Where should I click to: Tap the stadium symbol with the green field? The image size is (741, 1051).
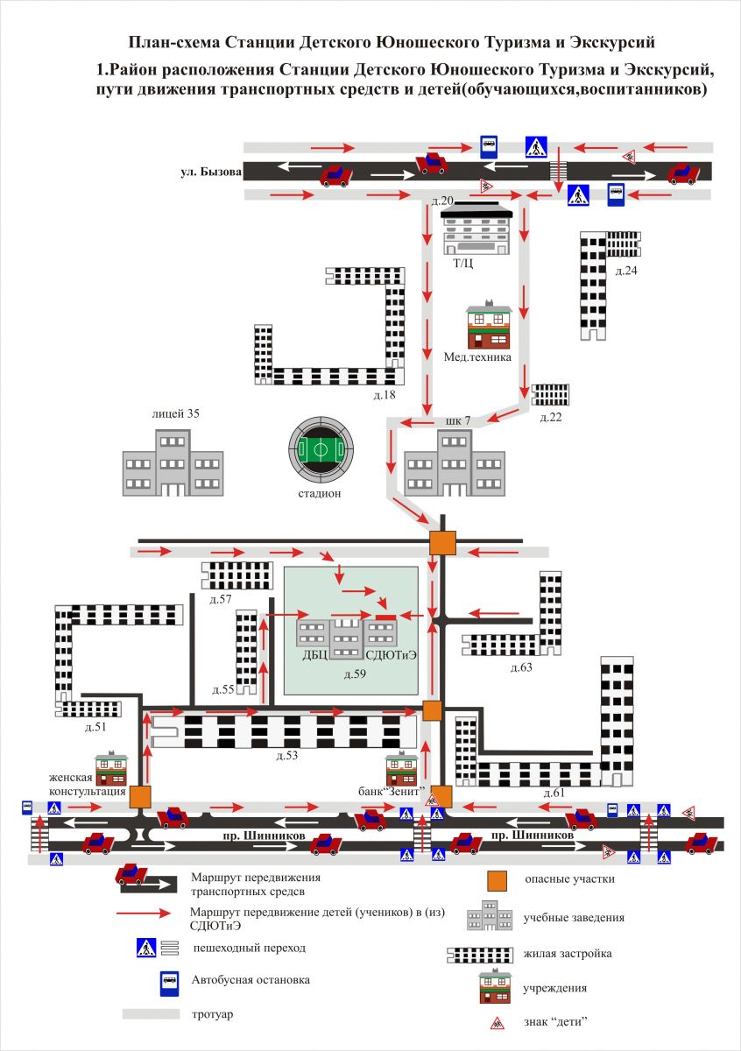coord(321,450)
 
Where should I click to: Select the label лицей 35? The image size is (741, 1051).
coord(175,414)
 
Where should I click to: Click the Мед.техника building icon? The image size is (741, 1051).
coord(490,328)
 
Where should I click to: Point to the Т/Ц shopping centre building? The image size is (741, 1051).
coord(476,229)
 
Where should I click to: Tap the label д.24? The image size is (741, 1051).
coord(626,270)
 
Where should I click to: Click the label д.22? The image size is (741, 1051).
coord(550,416)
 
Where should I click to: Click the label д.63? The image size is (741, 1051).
coord(521,667)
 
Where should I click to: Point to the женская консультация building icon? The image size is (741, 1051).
coord(111,769)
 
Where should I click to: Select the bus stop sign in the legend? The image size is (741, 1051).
coord(168,982)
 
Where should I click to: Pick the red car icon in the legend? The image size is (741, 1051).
coord(131,874)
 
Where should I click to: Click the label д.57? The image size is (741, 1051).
coord(221,599)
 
